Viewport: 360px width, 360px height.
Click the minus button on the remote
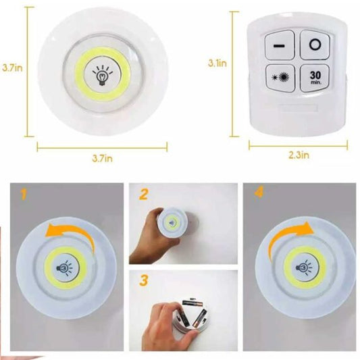click(x=278, y=45)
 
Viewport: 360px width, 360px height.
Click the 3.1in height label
click(x=217, y=63)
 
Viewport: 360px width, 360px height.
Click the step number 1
click(x=24, y=196)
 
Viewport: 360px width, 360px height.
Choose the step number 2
click(x=144, y=195)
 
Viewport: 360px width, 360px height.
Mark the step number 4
click(x=257, y=196)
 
